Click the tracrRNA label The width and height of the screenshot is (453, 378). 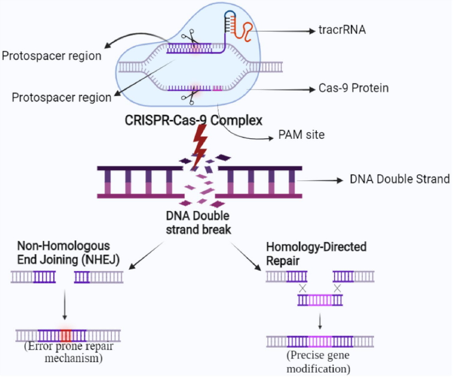(x=342, y=31)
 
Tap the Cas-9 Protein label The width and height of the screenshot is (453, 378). (x=353, y=88)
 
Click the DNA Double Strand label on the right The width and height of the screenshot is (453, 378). (x=399, y=179)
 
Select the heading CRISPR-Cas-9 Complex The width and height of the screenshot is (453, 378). (x=185, y=120)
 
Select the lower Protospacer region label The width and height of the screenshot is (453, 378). (x=61, y=97)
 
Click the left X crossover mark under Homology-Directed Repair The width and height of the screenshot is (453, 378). (x=301, y=289)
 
